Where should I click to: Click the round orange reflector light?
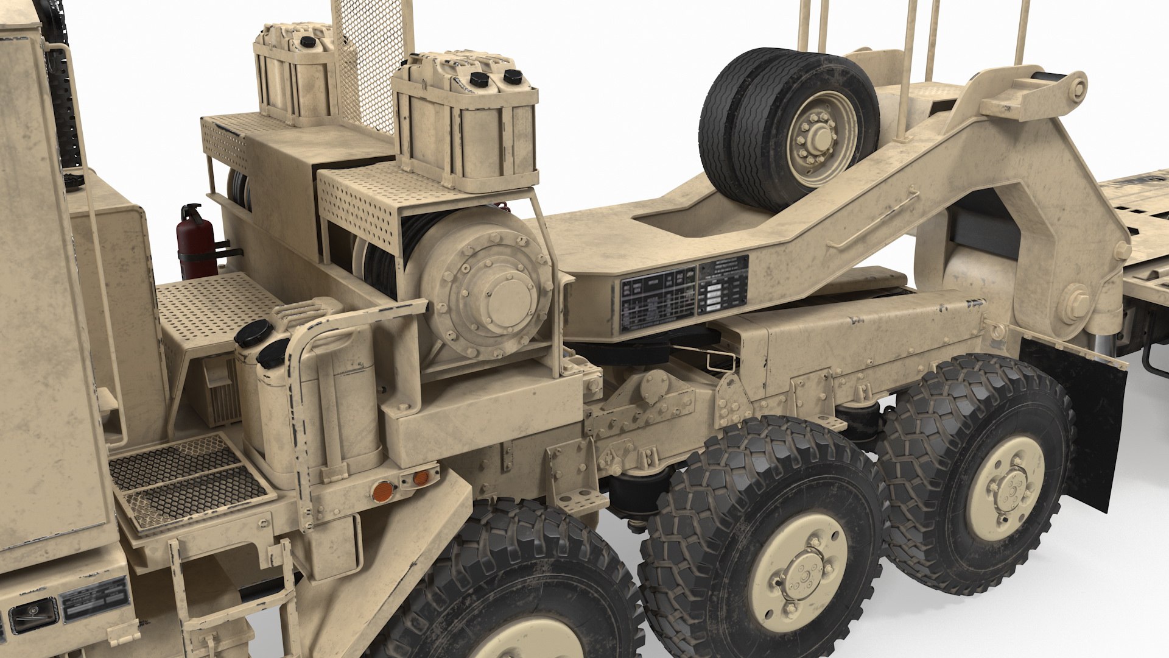pyautogui.click(x=382, y=490)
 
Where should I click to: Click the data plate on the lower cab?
pyautogui.click(x=95, y=599)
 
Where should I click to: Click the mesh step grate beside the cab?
pyautogui.click(x=189, y=481)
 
